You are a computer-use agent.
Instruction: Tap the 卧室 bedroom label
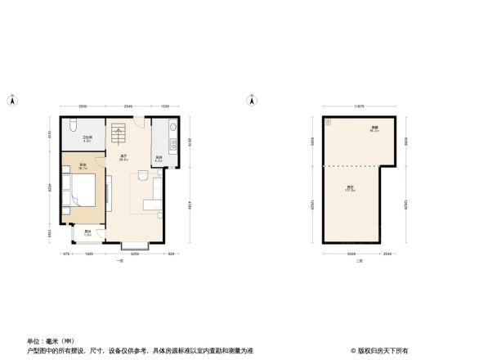point(83,167)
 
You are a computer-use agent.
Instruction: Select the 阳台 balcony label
point(87,233)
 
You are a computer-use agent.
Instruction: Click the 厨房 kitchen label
point(159,158)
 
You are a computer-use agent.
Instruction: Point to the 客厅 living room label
point(124,158)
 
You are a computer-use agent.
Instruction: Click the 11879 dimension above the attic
point(358,106)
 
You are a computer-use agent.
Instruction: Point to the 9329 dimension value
point(349,254)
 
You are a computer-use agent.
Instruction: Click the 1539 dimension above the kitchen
point(165,107)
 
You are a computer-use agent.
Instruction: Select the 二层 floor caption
point(358,261)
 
